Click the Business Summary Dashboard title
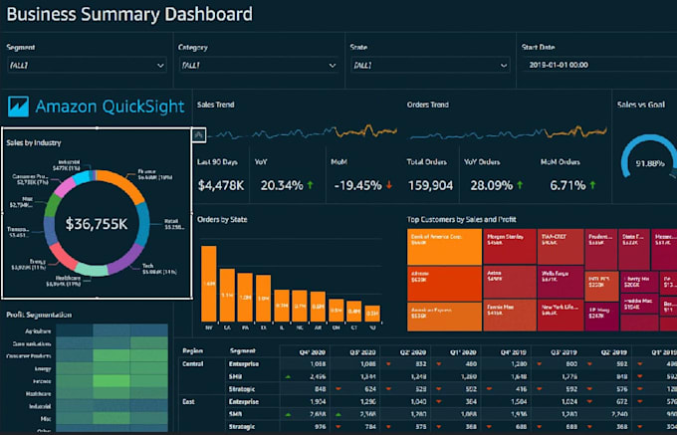click(129, 15)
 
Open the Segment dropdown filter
click(87, 65)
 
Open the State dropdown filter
click(427, 65)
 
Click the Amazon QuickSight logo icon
click(19, 108)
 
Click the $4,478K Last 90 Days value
click(220, 185)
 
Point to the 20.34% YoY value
click(283, 185)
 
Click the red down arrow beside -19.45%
click(388, 185)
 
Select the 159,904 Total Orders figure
click(430, 185)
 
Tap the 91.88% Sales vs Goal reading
click(650, 164)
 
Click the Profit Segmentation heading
click(39, 316)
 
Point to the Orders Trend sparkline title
click(427, 104)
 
